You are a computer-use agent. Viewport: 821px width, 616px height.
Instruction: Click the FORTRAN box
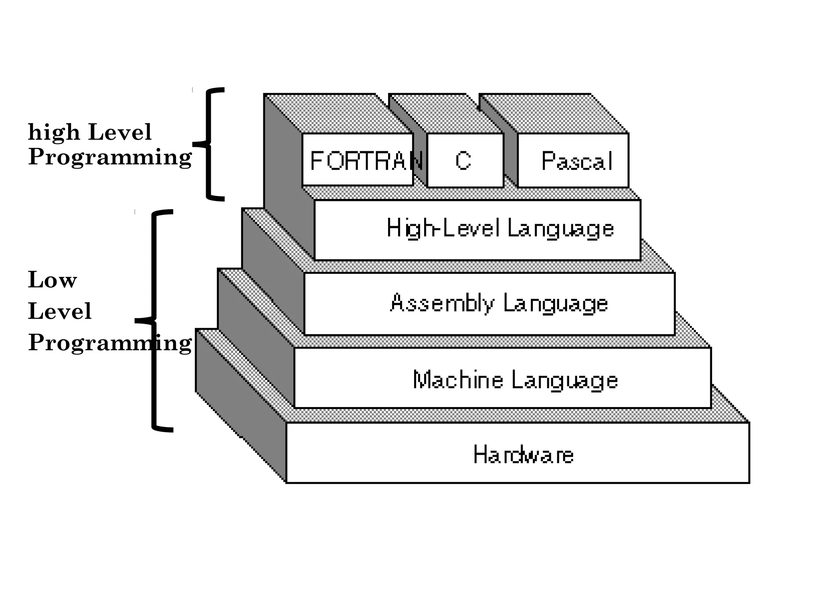(x=358, y=160)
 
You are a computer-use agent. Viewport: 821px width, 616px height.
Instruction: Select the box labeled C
(x=465, y=160)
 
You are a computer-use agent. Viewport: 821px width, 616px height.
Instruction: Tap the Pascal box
(x=573, y=160)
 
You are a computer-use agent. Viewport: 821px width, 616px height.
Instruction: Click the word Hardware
(x=523, y=455)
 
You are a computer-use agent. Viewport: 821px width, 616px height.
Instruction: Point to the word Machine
(x=458, y=380)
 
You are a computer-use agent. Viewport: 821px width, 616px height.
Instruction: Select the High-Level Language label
(x=499, y=229)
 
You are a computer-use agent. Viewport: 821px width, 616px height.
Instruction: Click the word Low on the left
(x=52, y=280)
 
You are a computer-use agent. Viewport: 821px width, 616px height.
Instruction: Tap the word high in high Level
(x=54, y=132)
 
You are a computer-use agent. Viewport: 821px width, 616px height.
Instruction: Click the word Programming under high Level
(x=110, y=157)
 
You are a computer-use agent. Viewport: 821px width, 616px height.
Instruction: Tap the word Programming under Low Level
(x=110, y=343)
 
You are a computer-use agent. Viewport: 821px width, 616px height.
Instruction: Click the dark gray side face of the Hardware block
(x=241, y=405)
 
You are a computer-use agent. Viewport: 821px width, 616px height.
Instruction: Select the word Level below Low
(x=60, y=311)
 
